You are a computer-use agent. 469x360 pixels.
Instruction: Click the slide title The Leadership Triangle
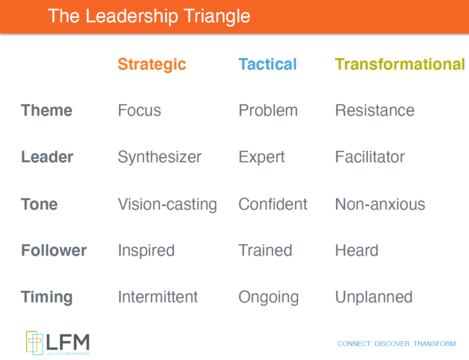(x=149, y=16)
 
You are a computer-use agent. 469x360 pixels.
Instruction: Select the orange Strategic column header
(x=151, y=64)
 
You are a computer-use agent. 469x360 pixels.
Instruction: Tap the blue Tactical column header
(x=267, y=64)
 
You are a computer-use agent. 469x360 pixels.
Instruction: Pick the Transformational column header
(x=399, y=64)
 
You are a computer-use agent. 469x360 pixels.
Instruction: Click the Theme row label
(x=46, y=111)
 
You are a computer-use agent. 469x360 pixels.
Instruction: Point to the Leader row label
(x=47, y=157)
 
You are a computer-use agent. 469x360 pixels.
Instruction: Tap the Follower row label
(x=54, y=251)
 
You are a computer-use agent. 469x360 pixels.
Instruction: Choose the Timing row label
(x=46, y=298)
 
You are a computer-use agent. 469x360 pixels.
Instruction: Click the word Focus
(x=139, y=111)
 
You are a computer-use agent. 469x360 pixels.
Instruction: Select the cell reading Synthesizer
(x=159, y=157)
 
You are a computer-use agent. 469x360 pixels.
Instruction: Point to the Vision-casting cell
(x=167, y=204)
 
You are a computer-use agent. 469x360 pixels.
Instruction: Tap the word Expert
(x=261, y=157)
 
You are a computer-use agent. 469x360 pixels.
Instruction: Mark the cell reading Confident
(x=273, y=204)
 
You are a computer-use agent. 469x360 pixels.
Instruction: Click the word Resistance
(x=374, y=111)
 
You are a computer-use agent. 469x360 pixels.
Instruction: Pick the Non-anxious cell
(x=380, y=204)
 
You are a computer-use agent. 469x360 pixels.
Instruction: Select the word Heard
(x=357, y=251)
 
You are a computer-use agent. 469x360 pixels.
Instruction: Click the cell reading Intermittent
(x=158, y=298)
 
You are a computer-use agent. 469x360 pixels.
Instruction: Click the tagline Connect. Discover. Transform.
(x=397, y=344)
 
